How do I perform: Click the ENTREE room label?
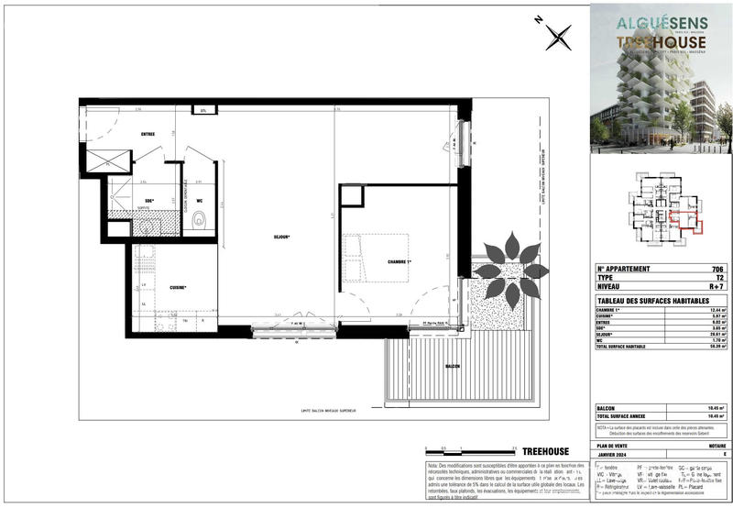pos(148,134)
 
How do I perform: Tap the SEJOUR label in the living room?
pos(281,237)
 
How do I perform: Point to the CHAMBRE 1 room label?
pos(399,262)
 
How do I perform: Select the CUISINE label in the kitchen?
pos(179,287)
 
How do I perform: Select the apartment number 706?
pos(717,269)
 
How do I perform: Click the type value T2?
pos(719,278)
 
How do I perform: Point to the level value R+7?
pos(717,287)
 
